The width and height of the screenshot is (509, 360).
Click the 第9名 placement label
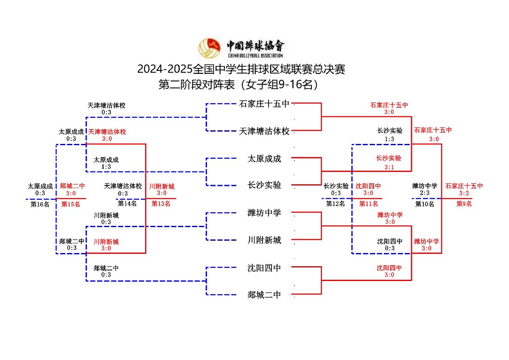[464, 204]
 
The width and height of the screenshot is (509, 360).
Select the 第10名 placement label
[424, 204]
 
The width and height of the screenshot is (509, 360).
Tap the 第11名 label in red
[368, 204]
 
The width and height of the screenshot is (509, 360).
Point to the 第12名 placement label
[336, 204]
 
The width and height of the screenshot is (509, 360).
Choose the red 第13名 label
[161, 204]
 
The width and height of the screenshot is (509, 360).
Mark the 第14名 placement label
[127, 204]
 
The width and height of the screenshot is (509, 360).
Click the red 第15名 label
[71, 204]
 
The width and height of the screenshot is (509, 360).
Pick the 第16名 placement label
[40, 204]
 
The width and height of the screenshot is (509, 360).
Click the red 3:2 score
[464, 193]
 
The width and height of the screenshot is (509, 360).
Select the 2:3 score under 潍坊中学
[424, 193]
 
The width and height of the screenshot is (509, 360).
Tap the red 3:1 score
[389, 167]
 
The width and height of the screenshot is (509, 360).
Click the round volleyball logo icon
[210, 48]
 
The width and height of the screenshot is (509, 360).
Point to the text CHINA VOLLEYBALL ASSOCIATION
[255, 56]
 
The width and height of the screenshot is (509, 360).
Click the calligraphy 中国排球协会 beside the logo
[255, 45]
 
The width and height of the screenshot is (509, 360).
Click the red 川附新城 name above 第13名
[162, 186]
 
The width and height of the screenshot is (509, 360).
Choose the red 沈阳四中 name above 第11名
[368, 186]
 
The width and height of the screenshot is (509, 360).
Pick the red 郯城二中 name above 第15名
[72, 186]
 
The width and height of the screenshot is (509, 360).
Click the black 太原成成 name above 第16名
[40, 186]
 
